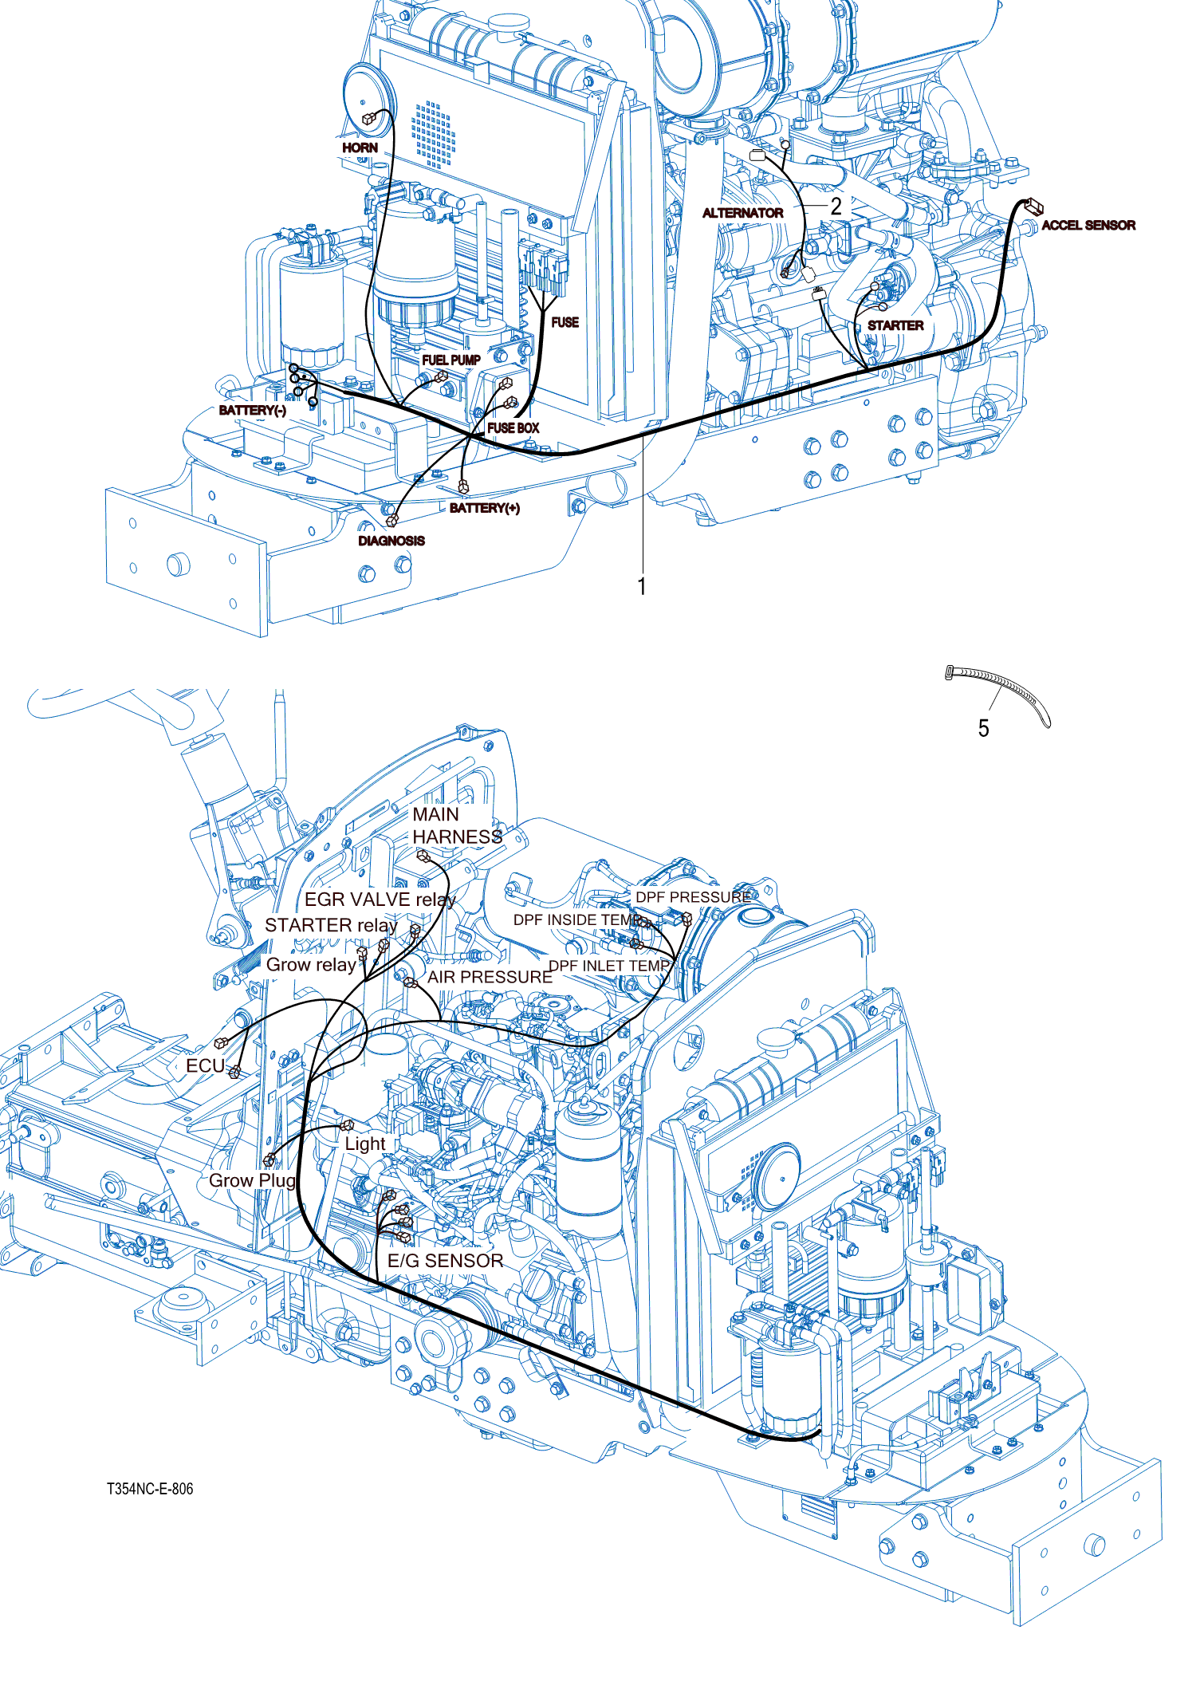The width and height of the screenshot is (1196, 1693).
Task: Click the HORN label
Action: [360, 148]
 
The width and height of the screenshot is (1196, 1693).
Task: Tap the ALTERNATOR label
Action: [742, 213]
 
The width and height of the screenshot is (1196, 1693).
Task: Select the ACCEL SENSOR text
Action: [1088, 226]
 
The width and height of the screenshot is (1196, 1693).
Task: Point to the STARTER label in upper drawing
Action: [895, 325]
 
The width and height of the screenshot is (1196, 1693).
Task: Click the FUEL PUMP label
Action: [450, 360]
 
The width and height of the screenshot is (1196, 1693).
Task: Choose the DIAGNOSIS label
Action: [391, 541]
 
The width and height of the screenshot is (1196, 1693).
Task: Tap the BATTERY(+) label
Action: [484, 508]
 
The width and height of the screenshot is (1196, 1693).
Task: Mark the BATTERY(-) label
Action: [252, 410]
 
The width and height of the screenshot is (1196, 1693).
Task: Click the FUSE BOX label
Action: [513, 428]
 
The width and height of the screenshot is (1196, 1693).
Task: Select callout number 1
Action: [642, 587]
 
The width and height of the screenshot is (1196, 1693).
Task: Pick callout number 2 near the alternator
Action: [836, 207]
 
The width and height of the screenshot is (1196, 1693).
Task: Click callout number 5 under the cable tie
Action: [983, 728]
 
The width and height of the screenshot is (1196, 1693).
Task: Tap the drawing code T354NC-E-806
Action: [150, 1489]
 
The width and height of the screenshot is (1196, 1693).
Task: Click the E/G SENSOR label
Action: [445, 1261]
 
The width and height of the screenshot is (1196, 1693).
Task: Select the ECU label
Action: [205, 1066]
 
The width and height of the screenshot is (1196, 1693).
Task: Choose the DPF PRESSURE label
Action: [692, 897]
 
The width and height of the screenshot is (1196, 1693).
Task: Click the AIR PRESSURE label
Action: [490, 977]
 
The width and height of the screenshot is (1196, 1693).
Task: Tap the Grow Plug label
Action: [252, 1180]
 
